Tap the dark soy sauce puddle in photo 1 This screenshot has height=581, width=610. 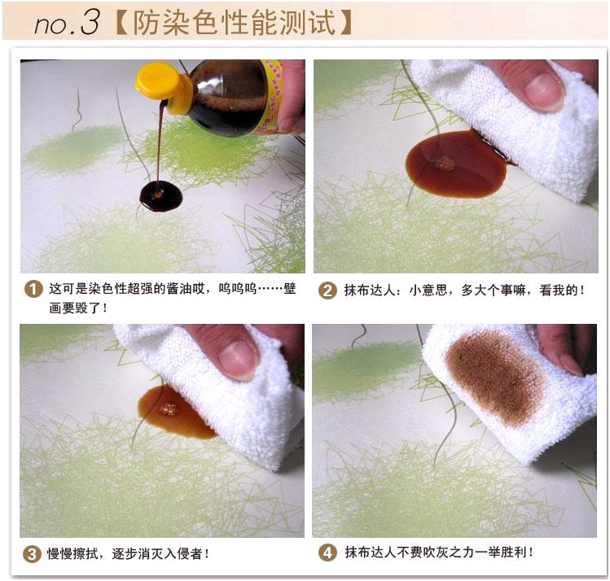point(160,196)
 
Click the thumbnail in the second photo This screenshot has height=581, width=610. point(544,91)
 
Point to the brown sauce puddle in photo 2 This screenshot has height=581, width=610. point(456,164)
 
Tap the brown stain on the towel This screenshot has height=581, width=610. point(494,378)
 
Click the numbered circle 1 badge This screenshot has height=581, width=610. point(33,290)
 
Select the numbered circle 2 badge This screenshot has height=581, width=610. point(327,290)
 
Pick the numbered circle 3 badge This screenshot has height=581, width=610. point(32,554)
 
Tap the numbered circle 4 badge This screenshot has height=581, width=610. point(327,553)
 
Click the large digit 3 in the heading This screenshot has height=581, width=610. point(90,22)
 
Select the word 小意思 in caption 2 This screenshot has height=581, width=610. point(428,290)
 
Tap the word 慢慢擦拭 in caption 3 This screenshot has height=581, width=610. point(72,553)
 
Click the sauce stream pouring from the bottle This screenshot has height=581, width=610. point(160,143)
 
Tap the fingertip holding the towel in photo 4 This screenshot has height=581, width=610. point(570,366)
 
